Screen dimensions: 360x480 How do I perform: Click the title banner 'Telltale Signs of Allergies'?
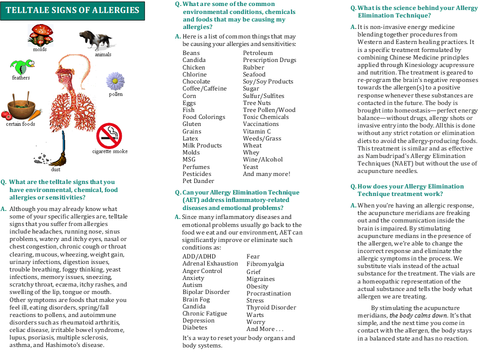[73, 10]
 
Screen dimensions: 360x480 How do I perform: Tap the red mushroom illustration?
[40, 34]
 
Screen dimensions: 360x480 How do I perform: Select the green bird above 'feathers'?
[21, 65]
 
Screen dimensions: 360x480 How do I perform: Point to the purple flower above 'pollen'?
[115, 80]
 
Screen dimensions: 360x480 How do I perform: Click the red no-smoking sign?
[109, 135]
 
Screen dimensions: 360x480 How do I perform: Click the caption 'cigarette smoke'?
[110, 151]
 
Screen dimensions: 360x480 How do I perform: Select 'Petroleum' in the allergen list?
[258, 53]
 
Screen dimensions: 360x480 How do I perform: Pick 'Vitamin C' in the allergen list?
[257, 131]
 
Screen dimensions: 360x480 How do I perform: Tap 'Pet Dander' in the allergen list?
[198, 181]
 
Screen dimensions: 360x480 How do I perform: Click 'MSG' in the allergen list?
[189, 160]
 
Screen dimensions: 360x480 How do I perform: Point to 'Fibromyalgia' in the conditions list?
[265, 264]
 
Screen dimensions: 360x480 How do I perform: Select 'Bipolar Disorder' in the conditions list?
[206, 292]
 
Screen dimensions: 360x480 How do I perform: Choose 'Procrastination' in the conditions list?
[268, 293]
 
